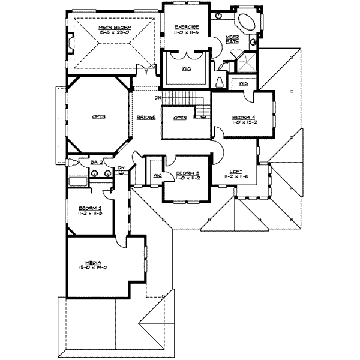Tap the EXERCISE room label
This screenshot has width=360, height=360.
click(x=187, y=27)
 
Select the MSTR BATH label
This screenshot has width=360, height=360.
click(x=232, y=39)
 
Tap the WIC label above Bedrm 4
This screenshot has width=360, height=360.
click(x=244, y=83)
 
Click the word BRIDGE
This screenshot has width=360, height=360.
click(x=146, y=117)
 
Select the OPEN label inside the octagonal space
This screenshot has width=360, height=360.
click(x=99, y=117)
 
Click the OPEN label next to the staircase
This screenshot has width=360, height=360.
click(x=179, y=117)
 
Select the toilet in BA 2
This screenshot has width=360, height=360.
click(x=73, y=163)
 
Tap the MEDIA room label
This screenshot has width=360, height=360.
click(x=92, y=262)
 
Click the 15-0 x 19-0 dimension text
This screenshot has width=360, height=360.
click(x=92, y=268)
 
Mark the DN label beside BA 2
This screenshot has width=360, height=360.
click(x=121, y=168)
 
